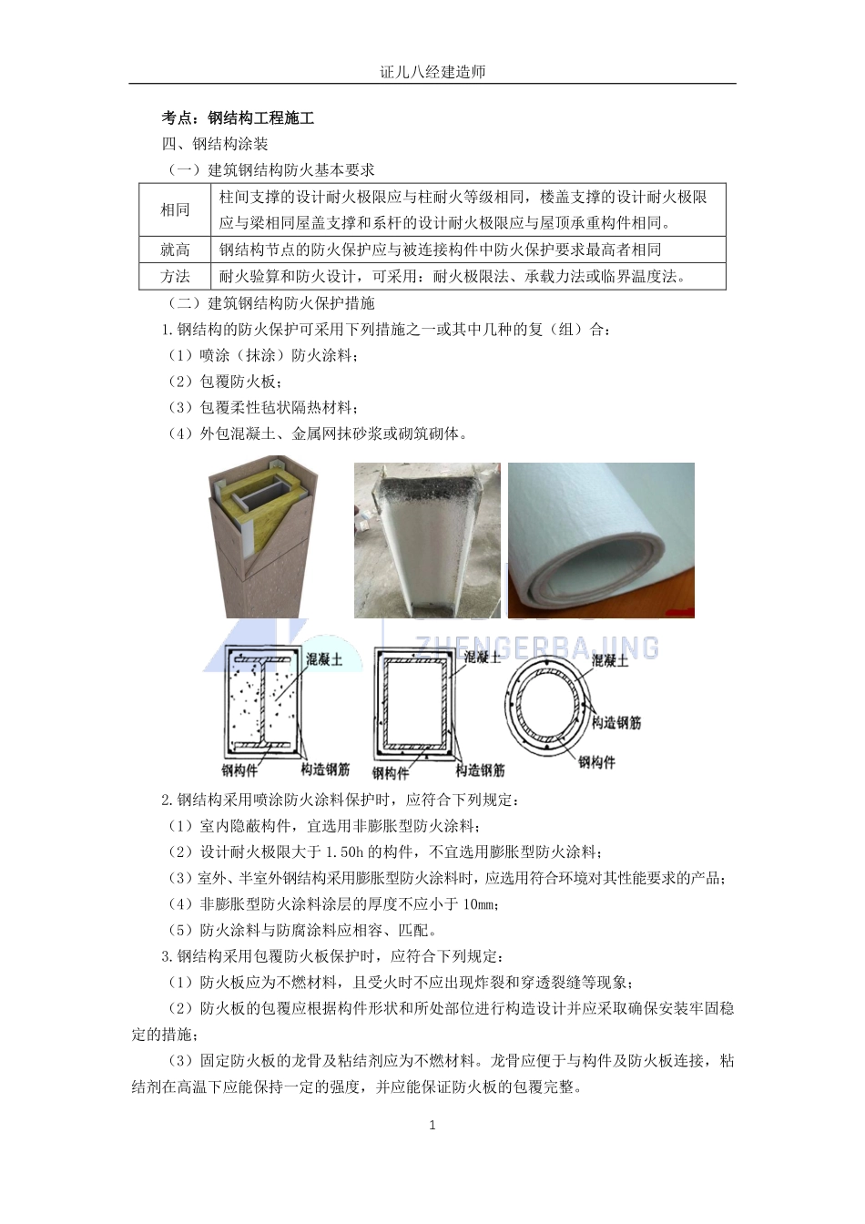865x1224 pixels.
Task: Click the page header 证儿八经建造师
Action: pyautogui.click(x=432, y=72)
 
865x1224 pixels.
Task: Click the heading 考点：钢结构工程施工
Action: pyautogui.click(x=238, y=118)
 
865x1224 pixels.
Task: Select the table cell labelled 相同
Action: pyautogui.click(x=175, y=210)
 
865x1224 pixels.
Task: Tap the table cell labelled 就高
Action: pyautogui.click(x=175, y=250)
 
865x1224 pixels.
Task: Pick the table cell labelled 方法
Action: pyautogui.click(x=175, y=277)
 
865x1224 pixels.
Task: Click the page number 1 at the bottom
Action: pyautogui.click(x=432, y=1125)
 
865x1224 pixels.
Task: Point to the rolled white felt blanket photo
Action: pyautogui.click(x=601, y=540)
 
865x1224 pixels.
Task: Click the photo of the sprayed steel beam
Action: pyautogui.click(x=426, y=540)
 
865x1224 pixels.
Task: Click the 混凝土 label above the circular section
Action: pyautogui.click(x=610, y=660)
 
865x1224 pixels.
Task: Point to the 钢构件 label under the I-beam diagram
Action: pyautogui.click(x=239, y=770)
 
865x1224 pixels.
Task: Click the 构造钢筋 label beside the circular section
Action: pyautogui.click(x=616, y=722)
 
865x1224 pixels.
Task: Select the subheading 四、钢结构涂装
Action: pyautogui.click(x=215, y=144)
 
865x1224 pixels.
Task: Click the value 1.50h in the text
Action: pyautogui.click(x=344, y=852)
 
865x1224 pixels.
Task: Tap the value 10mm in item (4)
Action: pyautogui.click(x=479, y=904)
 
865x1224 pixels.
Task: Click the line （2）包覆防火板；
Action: pyautogui.click(x=223, y=382)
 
